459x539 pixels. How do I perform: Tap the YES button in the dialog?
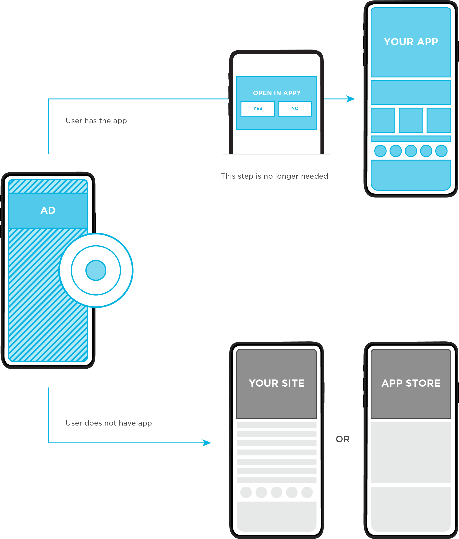[x=258, y=108]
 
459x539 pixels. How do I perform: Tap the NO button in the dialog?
[x=295, y=108]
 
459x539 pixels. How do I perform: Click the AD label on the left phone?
[x=48, y=210]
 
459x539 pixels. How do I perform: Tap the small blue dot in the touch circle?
[x=96, y=270]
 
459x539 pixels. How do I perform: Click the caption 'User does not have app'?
[x=109, y=423]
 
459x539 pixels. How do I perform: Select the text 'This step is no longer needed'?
[x=274, y=176]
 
